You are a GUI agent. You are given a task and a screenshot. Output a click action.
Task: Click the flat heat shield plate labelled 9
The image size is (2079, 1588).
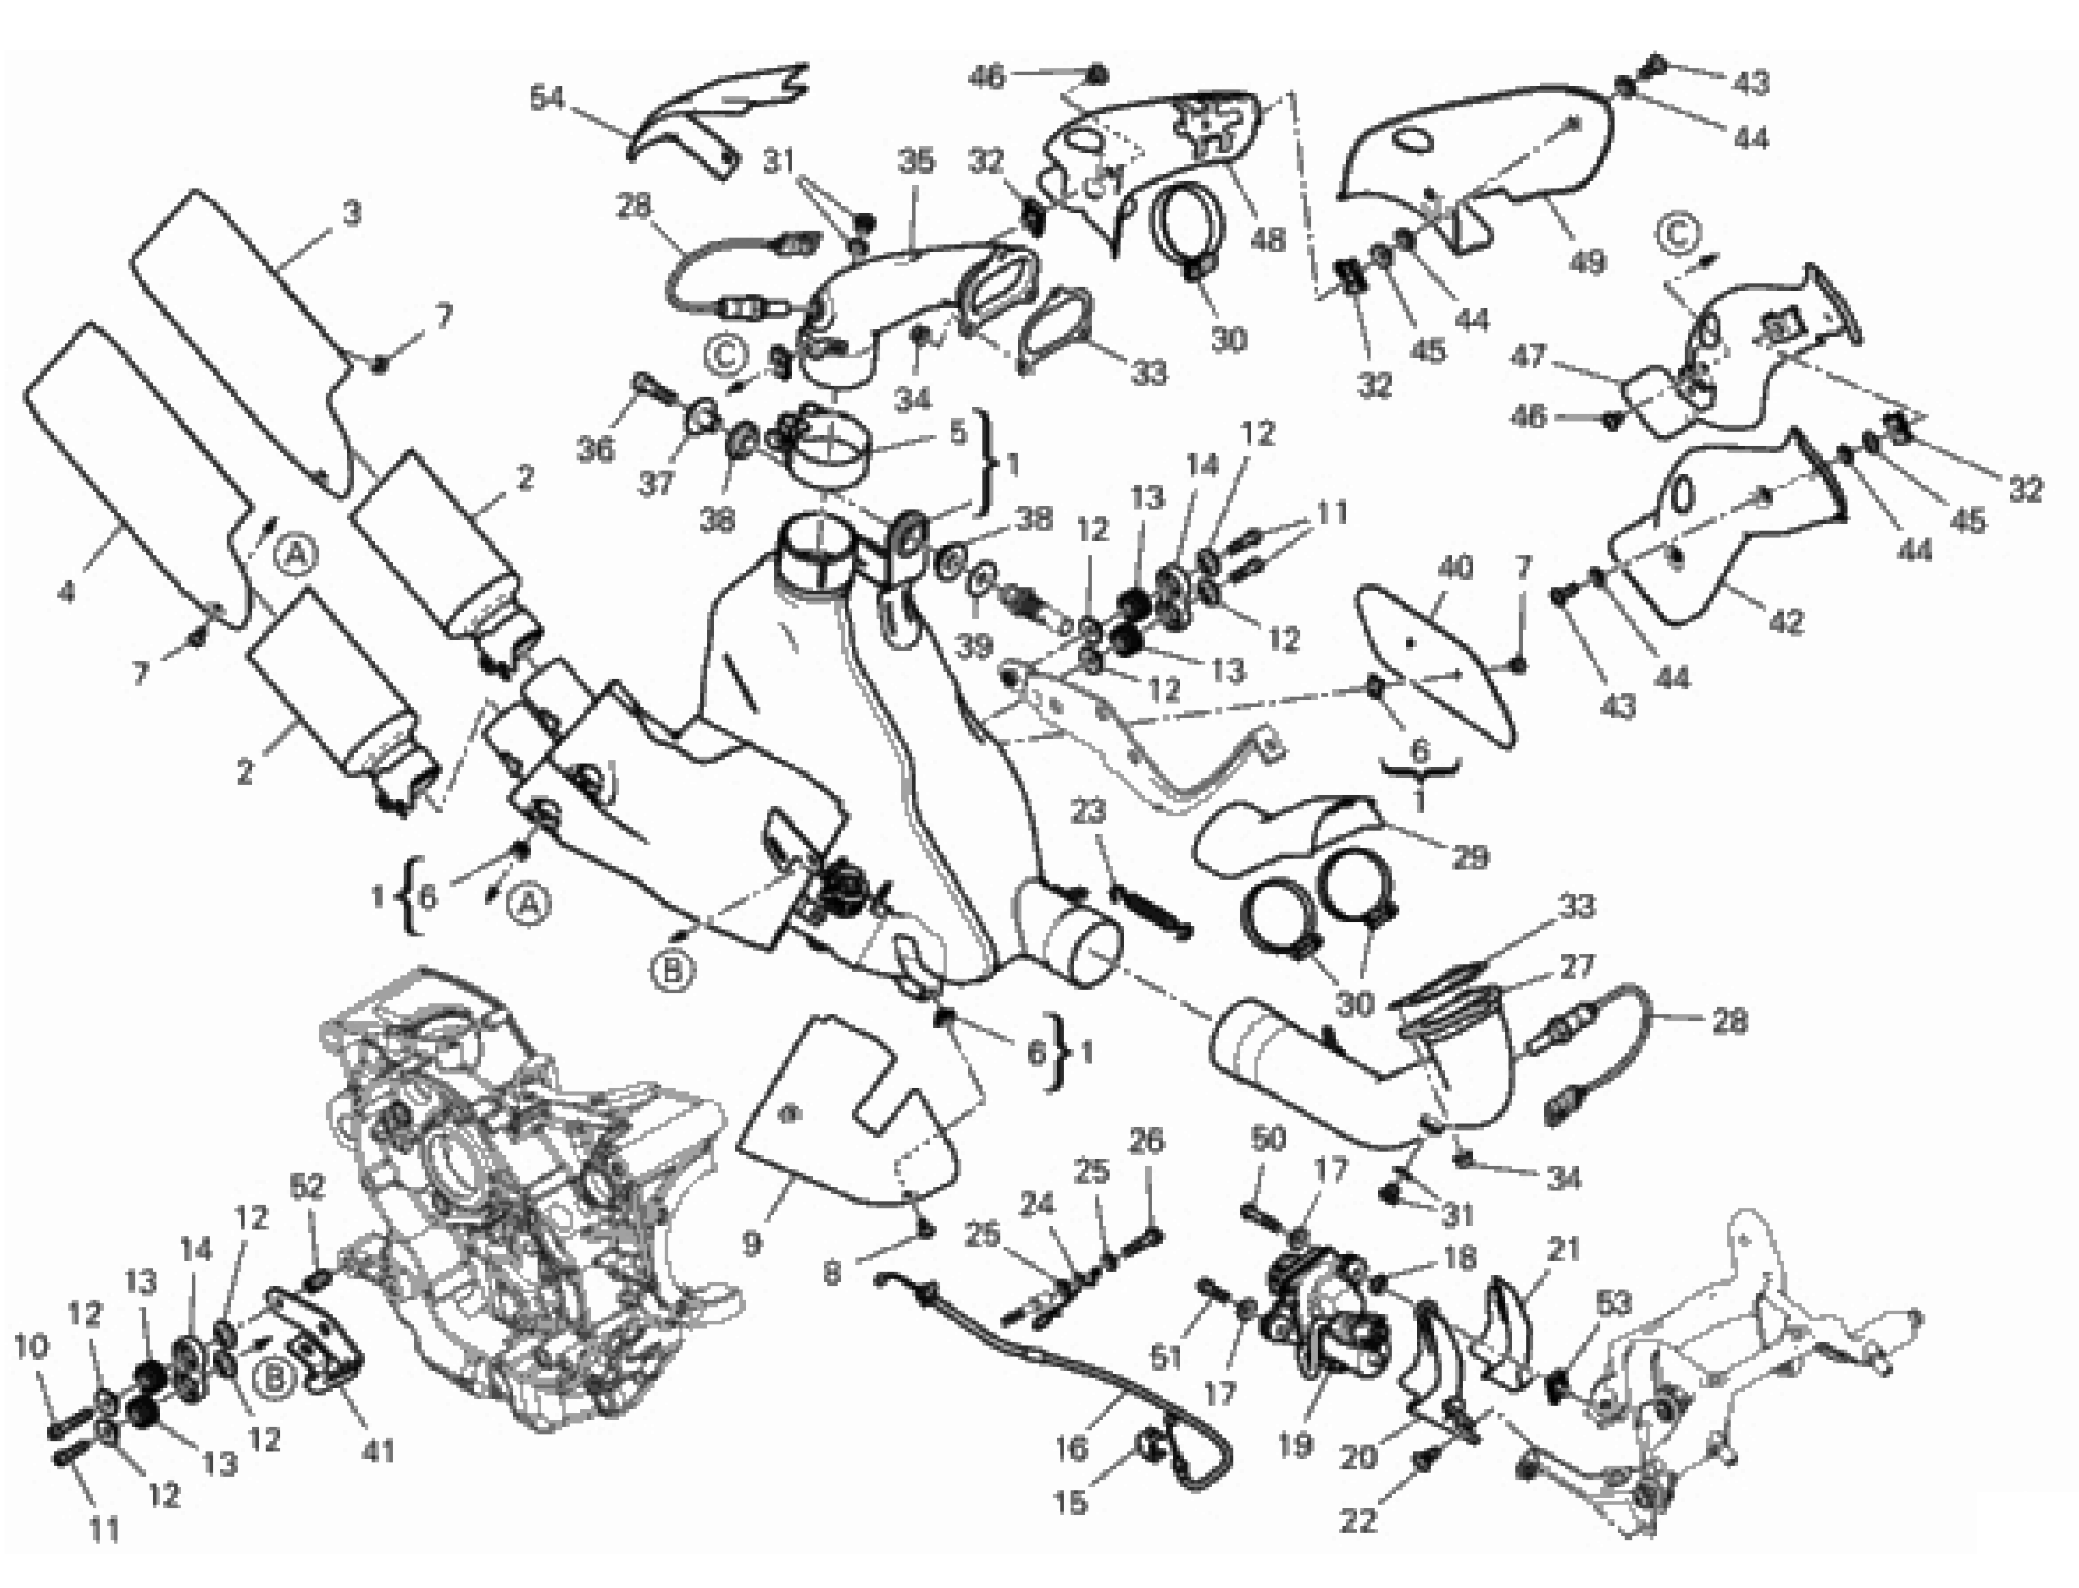point(832,1115)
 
